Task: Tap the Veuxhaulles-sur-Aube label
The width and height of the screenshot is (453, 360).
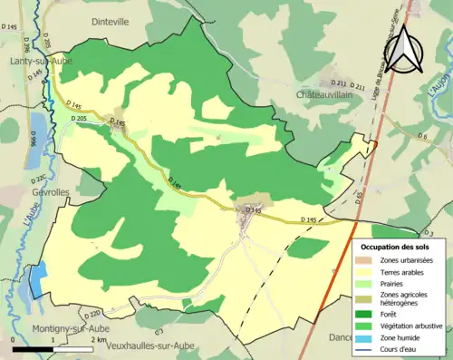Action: pos(138,345)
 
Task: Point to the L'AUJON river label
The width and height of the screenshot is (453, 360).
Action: pos(444,91)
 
